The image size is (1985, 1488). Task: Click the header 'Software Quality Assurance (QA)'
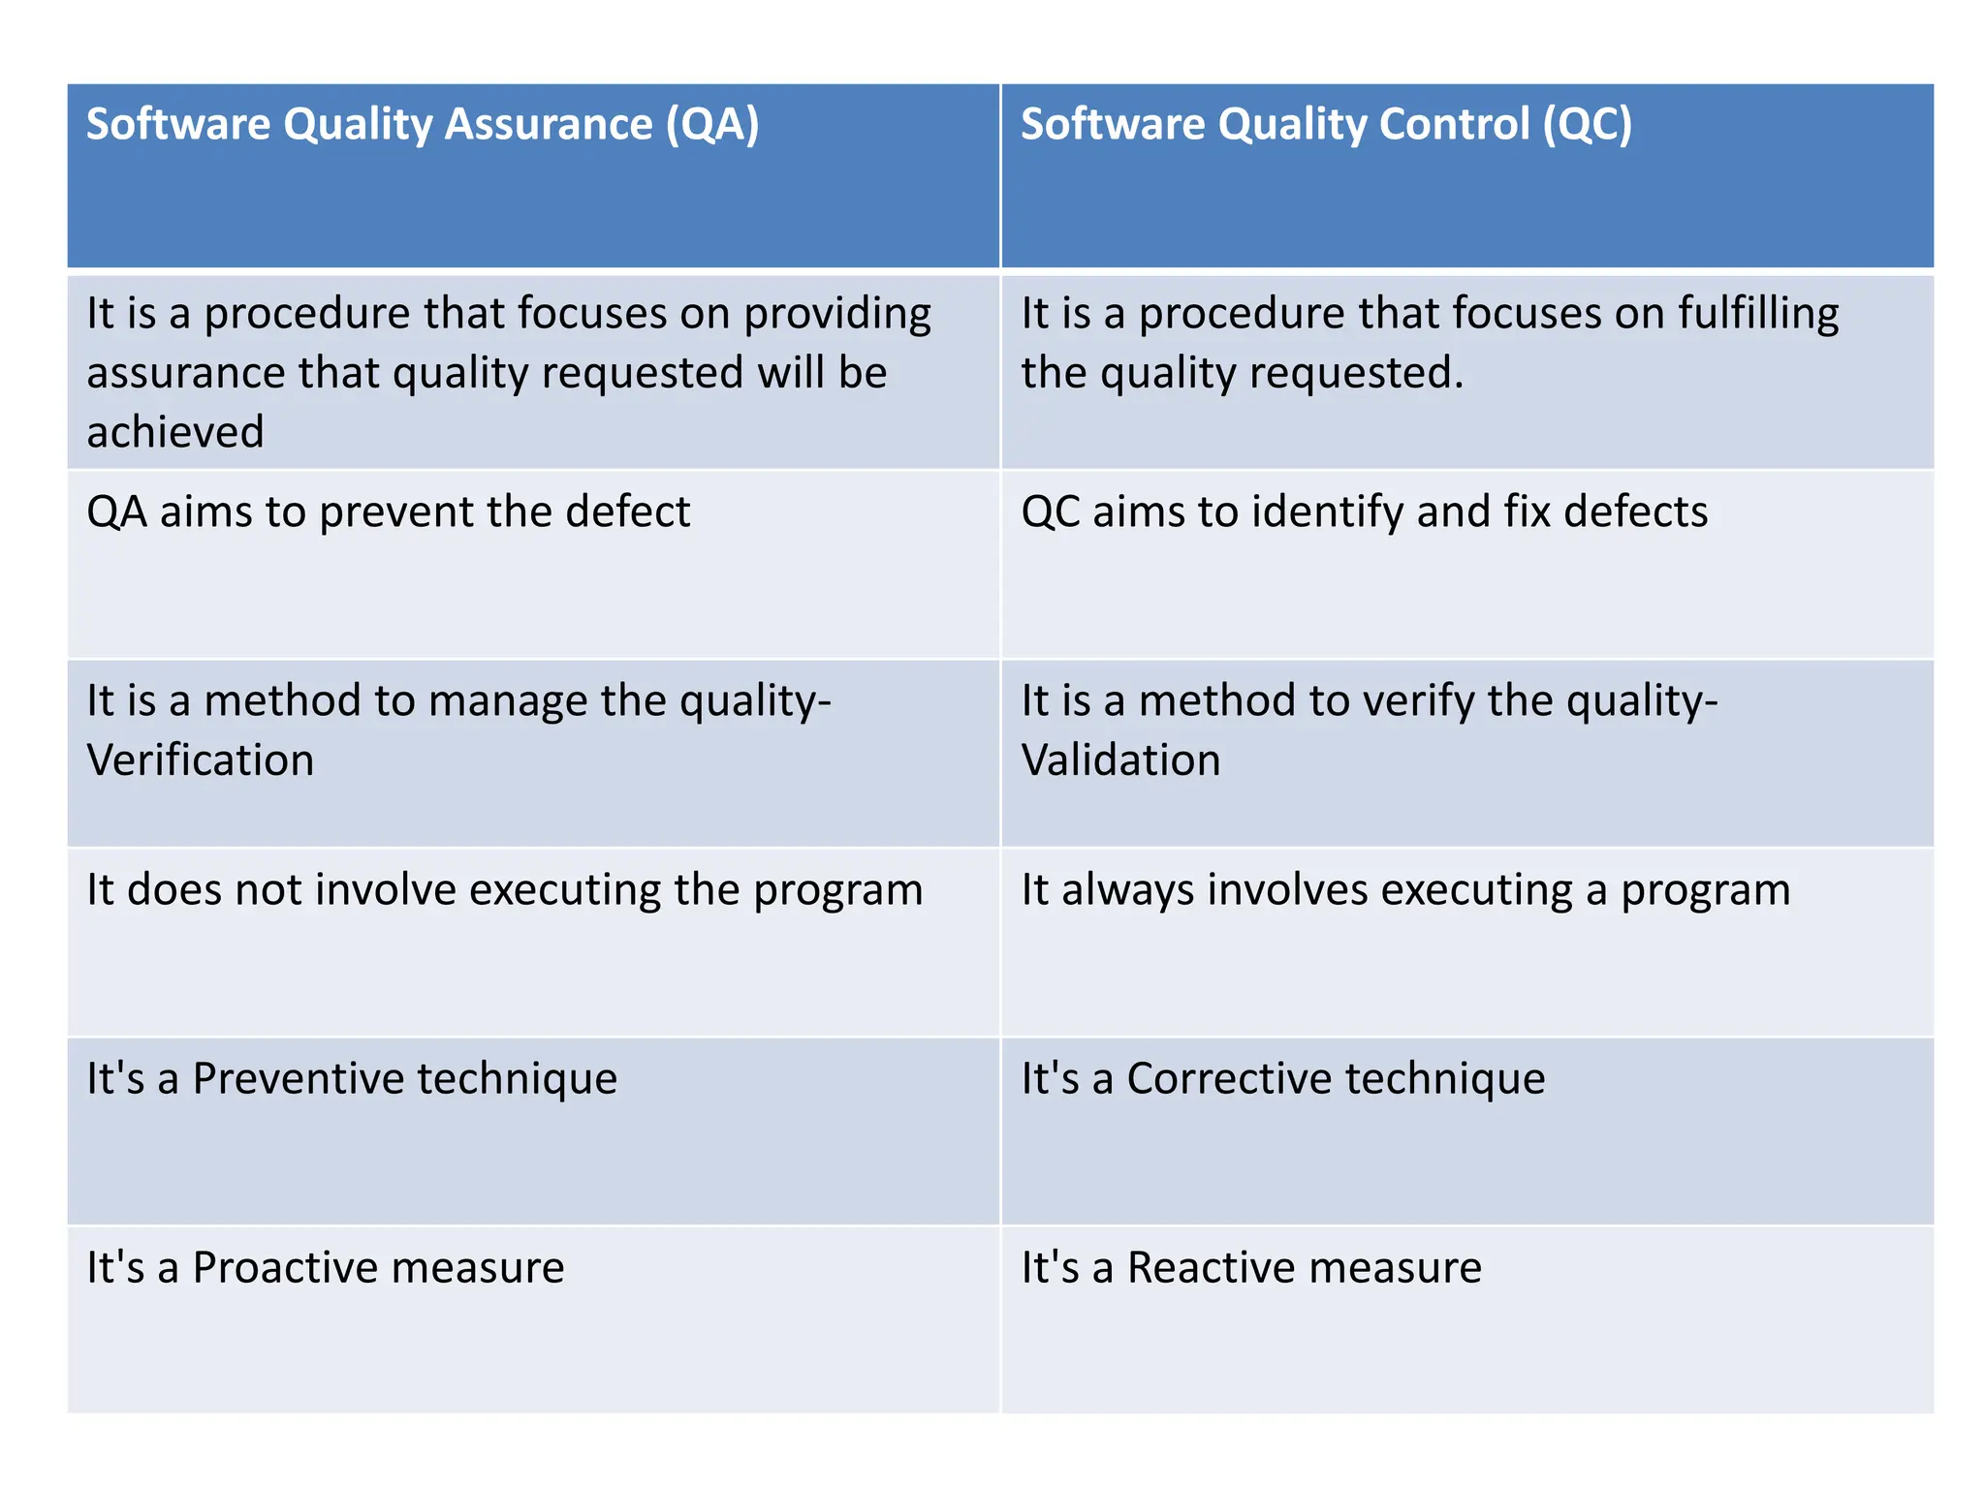pyautogui.click(x=423, y=125)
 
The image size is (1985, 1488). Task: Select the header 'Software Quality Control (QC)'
pyautogui.click(x=1326, y=125)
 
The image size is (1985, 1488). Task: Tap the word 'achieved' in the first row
pyautogui.click(x=175, y=432)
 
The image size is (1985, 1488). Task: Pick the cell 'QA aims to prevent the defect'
pyautogui.click(x=388, y=511)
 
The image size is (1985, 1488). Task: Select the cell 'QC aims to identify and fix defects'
pyautogui.click(x=1364, y=511)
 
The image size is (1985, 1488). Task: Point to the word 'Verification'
pyautogui.click(x=201, y=760)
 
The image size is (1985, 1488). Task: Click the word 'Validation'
pyautogui.click(x=1120, y=760)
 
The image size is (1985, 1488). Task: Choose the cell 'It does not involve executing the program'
pyautogui.click(x=504, y=890)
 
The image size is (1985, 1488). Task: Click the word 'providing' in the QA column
pyautogui.click(x=837, y=315)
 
